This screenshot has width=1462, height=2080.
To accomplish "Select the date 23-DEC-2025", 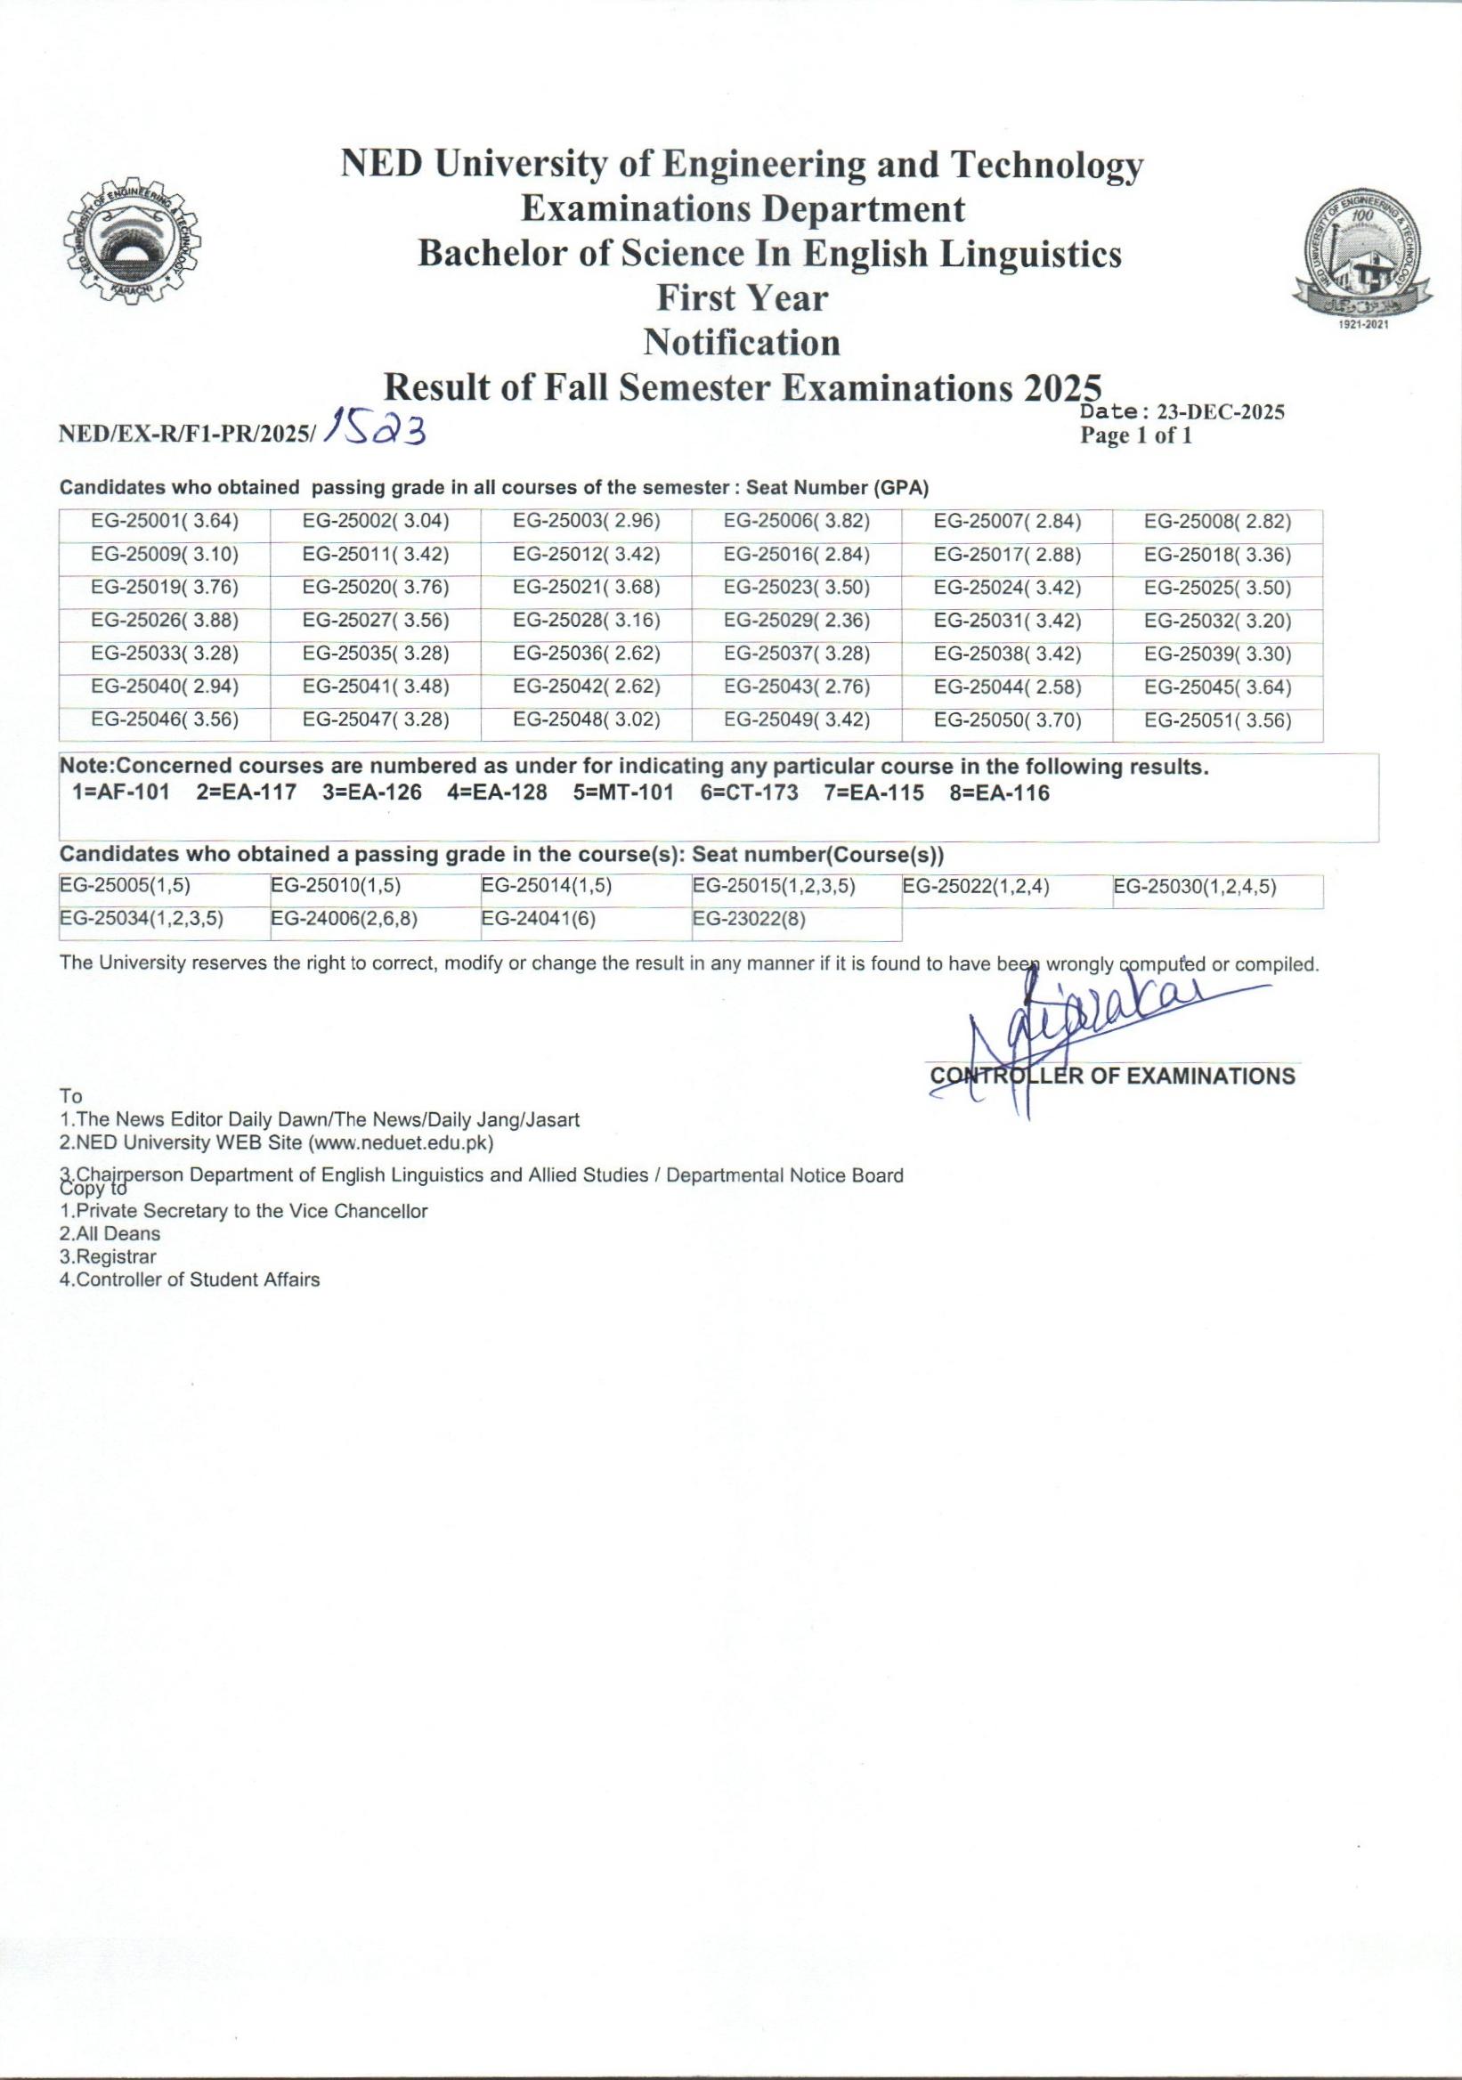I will click(x=1221, y=412).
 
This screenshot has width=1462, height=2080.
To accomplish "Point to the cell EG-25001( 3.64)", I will click(x=165, y=522).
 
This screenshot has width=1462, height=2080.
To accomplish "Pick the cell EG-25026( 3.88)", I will click(x=165, y=622).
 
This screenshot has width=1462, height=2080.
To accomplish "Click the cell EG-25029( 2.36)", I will click(x=796, y=622).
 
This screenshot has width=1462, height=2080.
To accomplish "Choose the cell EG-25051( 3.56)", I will click(x=1217, y=721).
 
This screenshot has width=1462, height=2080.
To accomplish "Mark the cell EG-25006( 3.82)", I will click(x=796, y=522).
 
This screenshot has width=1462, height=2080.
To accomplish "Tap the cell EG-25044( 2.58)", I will click(x=1007, y=687).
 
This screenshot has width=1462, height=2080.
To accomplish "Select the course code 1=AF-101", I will click(x=120, y=793).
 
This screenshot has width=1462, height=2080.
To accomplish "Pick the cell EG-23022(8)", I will click(x=749, y=920).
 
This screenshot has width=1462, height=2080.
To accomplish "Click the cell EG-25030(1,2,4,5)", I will click(x=1195, y=887).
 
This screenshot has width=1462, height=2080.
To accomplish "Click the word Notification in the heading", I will click(x=742, y=343).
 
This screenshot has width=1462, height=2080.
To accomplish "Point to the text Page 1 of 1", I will click(x=1136, y=435).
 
